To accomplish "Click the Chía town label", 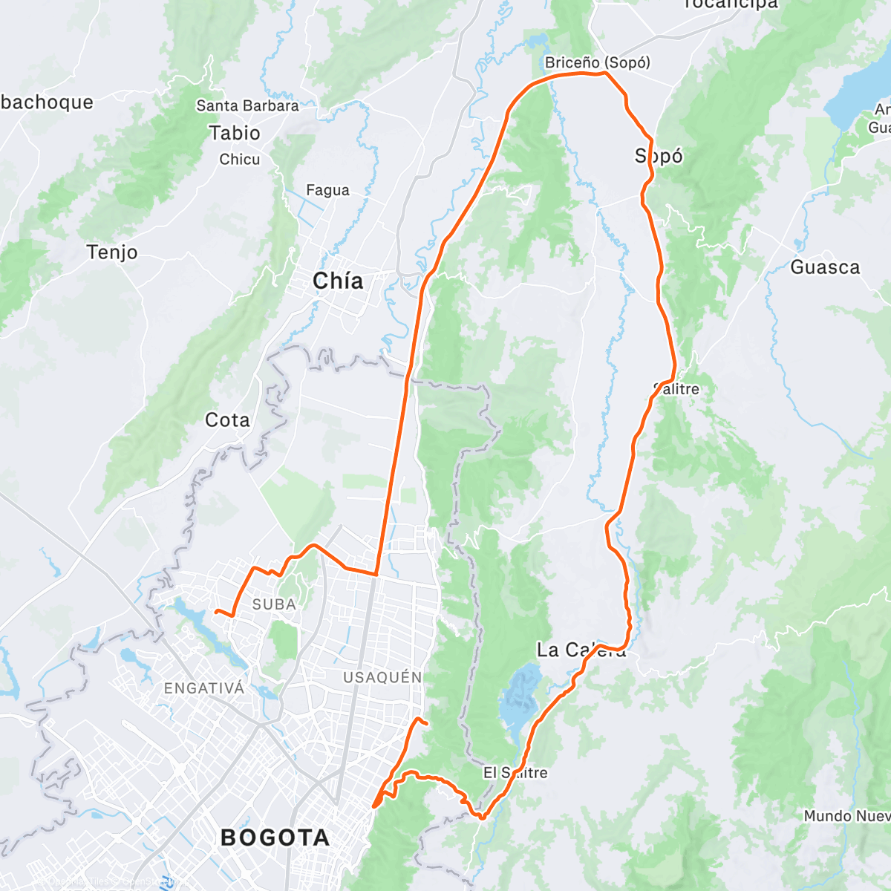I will coord(338,281).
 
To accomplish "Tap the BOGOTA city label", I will coord(275,838).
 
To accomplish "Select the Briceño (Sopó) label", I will coord(597,62).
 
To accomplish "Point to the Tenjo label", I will coord(112,252).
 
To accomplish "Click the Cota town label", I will coord(227,420).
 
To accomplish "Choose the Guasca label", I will coord(825,267).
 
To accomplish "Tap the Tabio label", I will coord(235,133).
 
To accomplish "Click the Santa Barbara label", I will coord(247,105).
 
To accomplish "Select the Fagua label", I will coord(327,190).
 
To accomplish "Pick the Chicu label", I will coord(240,159).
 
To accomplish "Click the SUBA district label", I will coord(274,604).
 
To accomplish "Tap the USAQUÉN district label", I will coord(382,677).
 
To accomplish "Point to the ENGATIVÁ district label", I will coord(204,688).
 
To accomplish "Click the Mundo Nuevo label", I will coord(846,816).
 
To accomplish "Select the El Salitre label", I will coord(515,773).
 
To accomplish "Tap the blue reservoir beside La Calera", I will coord(520,698).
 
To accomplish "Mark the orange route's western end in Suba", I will coord(216,611).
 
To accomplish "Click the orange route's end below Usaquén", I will coord(427,722).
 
